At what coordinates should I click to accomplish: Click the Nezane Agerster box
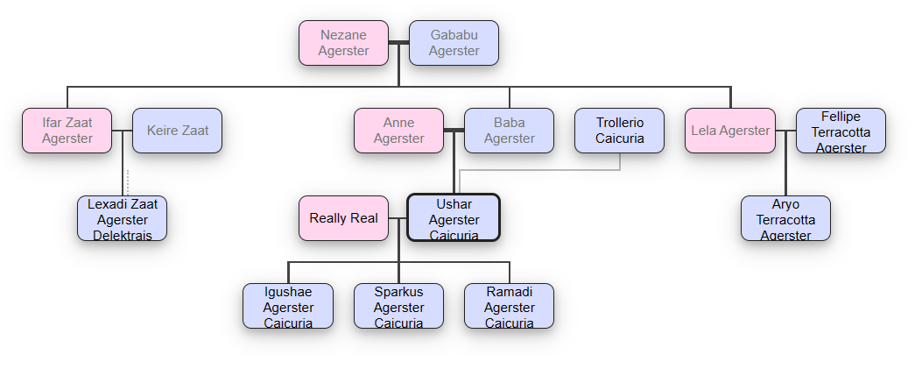point(343,43)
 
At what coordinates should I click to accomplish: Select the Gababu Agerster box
point(454,43)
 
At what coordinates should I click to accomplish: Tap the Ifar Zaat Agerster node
point(67,131)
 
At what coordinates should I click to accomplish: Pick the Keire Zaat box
point(177,131)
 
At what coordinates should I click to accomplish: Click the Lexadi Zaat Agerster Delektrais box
point(122,218)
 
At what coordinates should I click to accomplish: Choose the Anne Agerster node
point(398,131)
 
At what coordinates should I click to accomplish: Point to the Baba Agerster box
point(509,131)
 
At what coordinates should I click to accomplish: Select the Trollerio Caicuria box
point(620,131)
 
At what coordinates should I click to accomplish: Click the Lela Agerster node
point(730,131)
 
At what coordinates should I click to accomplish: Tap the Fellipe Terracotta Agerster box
point(841,131)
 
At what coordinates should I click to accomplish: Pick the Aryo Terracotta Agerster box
point(785,218)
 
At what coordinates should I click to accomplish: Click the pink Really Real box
point(343,218)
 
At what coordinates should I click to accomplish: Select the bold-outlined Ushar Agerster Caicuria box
point(454,218)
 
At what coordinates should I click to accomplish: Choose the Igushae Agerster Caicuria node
point(288,306)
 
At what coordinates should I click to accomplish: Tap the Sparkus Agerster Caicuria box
point(398,306)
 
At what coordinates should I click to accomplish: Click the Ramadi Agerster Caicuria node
point(509,306)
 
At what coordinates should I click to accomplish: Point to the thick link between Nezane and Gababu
point(398,43)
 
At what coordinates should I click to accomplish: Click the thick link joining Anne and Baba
point(454,131)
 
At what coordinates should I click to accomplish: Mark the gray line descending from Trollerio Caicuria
point(620,161)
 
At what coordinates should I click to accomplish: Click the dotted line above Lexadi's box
point(128,182)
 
